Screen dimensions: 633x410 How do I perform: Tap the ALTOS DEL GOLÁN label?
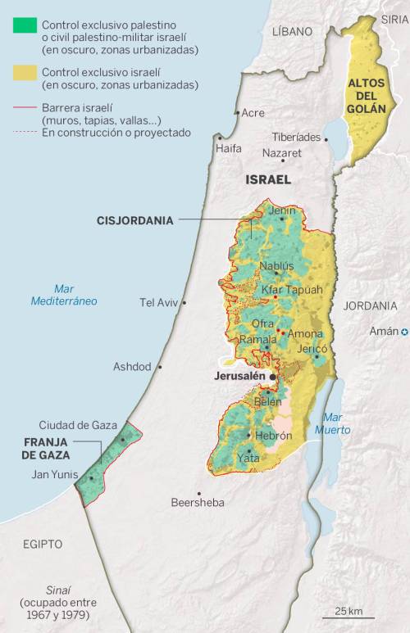[x=366, y=96]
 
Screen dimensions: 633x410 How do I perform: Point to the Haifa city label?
[x=229, y=148]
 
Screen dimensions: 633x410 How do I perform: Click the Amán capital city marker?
[x=404, y=331]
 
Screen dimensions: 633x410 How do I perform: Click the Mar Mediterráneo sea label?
[x=64, y=295]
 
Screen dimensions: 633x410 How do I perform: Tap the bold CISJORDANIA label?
[x=134, y=220]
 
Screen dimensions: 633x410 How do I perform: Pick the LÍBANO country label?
[x=292, y=31]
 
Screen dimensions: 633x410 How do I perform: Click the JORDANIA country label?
[x=370, y=305]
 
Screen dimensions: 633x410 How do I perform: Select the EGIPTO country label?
[x=42, y=544]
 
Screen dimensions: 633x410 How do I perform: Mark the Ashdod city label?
[x=132, y=366]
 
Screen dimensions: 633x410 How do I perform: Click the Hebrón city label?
[x=273, y=436]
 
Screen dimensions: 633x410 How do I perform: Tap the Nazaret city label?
[x=281, y=153]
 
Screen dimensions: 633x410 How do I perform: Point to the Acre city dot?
[x=237, y=113]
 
